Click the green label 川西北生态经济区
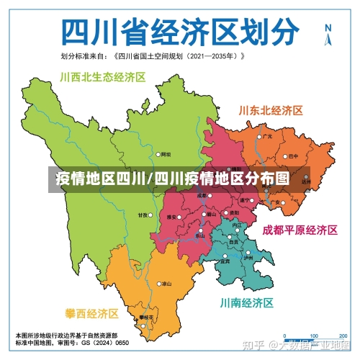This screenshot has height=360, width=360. click(x=103, y=77)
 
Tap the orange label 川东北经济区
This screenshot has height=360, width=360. click(x=270, y=110)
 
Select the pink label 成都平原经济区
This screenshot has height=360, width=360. click(x=300, y=230)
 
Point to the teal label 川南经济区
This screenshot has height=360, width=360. click(x=247, y=302)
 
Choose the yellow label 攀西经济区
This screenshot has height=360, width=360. click(x=91, y=314)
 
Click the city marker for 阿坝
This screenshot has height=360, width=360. click(x=159, y=154)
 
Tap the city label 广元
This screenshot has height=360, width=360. click(x=268, y=136)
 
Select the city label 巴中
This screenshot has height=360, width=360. click(x=293, y=155)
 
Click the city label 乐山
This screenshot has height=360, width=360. click(x=200, y=235)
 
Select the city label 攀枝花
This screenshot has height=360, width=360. click(x=147, y=317)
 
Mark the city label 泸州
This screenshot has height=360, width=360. click(x=248, y=257)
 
